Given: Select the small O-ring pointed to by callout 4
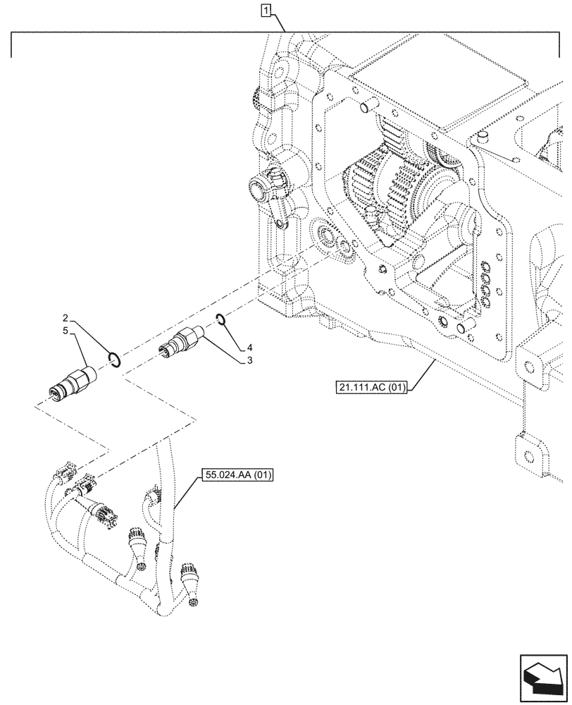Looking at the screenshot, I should (221, 321).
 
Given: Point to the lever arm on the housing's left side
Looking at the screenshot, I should (271, 194).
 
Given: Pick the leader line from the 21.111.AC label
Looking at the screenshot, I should (421, 372).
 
